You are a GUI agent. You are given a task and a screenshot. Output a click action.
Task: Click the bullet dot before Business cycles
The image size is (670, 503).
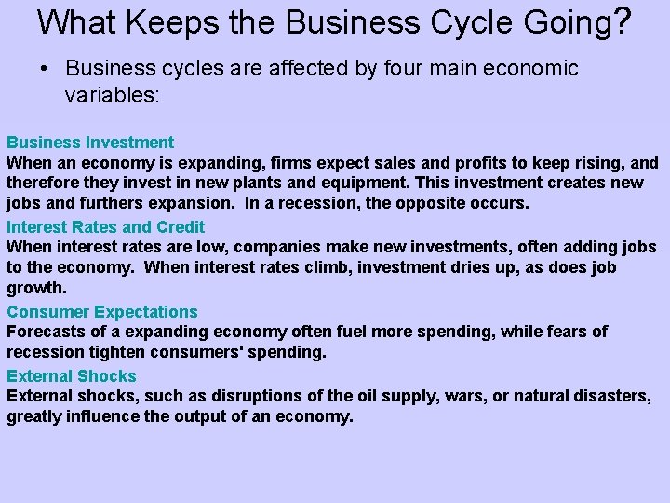tap(44, 69)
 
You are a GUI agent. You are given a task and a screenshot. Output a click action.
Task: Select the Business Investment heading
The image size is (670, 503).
tap(90, 143)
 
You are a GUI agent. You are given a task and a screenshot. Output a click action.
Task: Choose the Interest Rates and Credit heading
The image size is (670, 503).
tap(105, 226)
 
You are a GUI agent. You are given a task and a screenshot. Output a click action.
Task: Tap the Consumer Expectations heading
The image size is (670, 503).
tap(102, 312)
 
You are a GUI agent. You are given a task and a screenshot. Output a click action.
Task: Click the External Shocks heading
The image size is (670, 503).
tap(72, 376)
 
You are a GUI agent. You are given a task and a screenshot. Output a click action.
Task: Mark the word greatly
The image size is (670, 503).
tap(33, 416)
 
